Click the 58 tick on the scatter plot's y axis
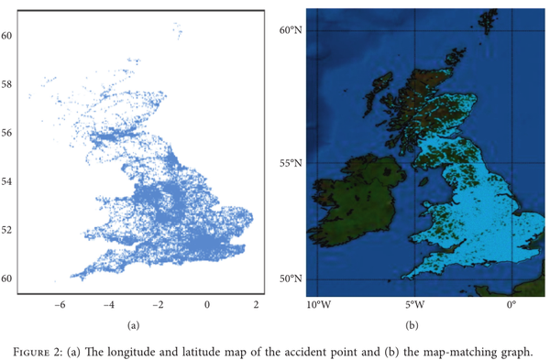tap(6, 84)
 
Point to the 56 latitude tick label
tap(6, 133)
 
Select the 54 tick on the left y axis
tap(6, 181)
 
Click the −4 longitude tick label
tap(109, 304)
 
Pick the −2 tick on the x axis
tap(158, 304)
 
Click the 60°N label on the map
tap(291, 31)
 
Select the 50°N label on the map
tap(291, 279)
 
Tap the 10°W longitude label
tap(319, 305)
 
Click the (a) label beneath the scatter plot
tap(133, 324)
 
